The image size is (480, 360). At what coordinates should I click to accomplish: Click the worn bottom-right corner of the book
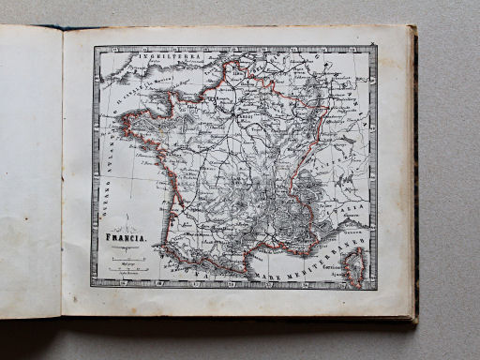point(412,319)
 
